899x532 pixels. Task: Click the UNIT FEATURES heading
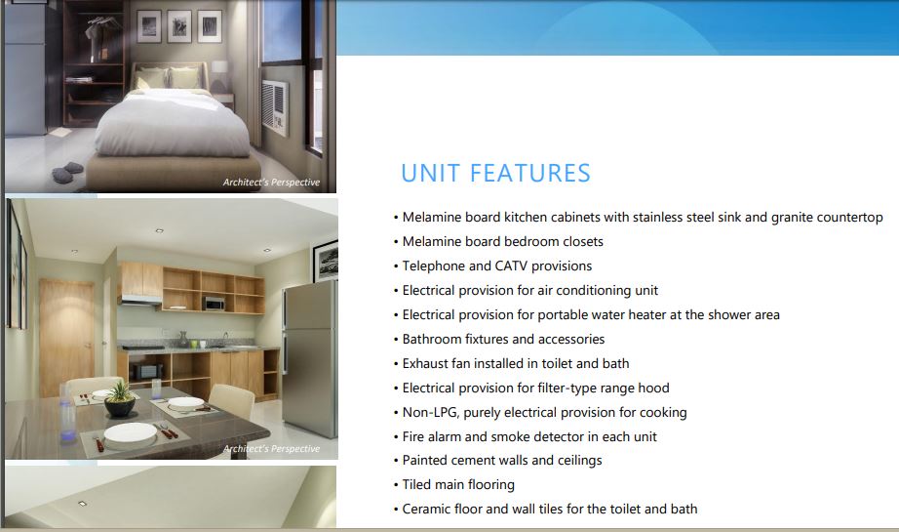coord(495,174)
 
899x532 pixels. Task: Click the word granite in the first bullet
coord(792,218)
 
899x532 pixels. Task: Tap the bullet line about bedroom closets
coord(499,242)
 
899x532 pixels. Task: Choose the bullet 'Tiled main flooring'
coord(454,485)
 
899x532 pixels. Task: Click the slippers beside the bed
coord(67,172)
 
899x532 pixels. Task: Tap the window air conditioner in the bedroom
coord(275,107)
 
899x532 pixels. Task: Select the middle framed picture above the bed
coord(179,27)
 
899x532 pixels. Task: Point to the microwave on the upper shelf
coord(214,304)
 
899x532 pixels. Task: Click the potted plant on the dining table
coord(120,399)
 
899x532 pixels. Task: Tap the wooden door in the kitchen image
coord(66,332)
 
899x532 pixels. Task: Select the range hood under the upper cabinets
coord(141,300)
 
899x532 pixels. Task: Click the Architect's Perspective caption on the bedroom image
coord(271,183)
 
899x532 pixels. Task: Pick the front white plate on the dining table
coord(130,432)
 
